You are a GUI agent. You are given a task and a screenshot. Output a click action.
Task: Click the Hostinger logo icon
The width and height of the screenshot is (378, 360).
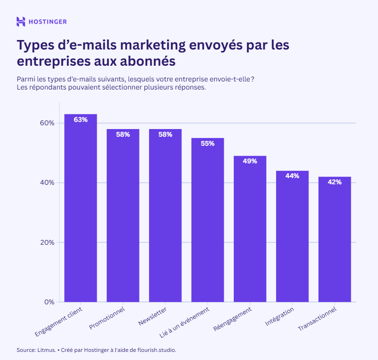coord(21,21)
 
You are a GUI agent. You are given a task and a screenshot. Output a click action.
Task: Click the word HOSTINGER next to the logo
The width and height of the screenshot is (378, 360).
coord(48,21)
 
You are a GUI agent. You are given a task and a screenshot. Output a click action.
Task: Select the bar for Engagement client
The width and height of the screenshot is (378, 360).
coord(80,210)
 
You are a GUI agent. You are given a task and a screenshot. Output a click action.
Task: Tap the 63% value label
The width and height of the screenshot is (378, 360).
coord(80,120)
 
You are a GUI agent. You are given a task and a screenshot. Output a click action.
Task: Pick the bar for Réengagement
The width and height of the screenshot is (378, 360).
coord(250,229)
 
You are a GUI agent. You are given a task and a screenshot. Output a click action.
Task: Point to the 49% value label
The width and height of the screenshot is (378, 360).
coord(250,161)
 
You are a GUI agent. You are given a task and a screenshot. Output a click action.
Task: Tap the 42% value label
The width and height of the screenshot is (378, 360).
coord(335,182)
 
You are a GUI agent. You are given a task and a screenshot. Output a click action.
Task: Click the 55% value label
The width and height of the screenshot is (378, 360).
coord(208,143)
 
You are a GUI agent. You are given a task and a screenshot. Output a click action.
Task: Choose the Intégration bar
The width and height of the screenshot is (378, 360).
coord(292,236)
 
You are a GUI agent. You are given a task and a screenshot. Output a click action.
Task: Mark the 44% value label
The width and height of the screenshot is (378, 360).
coord(292,176)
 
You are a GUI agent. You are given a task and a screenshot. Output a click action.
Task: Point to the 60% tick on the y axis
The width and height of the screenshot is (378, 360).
coord(47,123)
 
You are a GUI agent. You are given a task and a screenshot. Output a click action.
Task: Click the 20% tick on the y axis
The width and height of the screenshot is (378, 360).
coord(47,242)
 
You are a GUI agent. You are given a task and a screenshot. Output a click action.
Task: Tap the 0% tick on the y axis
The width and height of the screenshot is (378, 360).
coord(49,302)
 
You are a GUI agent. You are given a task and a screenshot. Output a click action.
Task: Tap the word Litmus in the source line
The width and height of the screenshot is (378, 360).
coord(46,350)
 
